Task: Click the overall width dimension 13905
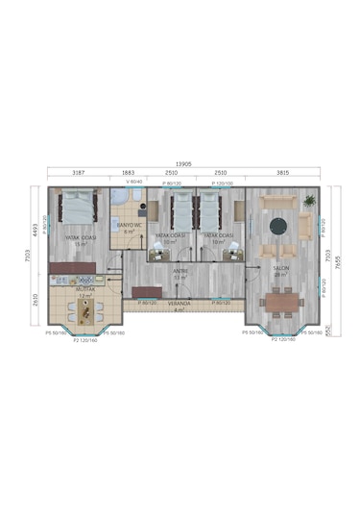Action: pyautogui.click(x=180, y=164)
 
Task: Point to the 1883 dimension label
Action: pyautogui.click(x=128, y=174)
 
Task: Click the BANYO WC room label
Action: pyautogui.click(x=130, y=226)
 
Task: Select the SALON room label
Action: pyautogui.click(x=281, y=268)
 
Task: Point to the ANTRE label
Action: pyautogui.click(x=180, y=271)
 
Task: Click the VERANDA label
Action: pyautogui.click(x=179, y=304)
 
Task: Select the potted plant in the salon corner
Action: pyautogui.click(x=309, y=201)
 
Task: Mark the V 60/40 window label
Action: pyautogui.click(x=133, y=182)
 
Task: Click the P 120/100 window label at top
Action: pyautogui.click(x=224, y=182)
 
